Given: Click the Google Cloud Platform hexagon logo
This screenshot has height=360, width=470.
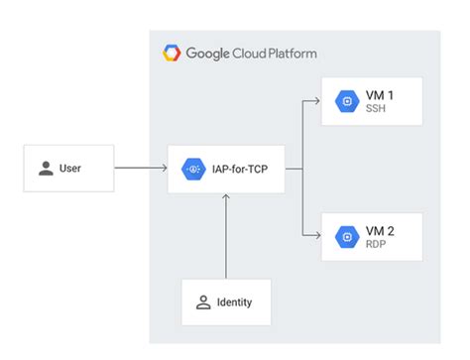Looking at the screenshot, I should point(171,53).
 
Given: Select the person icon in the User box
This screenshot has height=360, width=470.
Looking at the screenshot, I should point(46,169).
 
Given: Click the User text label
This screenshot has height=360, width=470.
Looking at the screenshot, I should point(70,169).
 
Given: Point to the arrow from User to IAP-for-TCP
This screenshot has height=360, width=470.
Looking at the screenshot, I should point(139,169).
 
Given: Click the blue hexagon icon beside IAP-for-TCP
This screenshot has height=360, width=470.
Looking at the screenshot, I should point(193,169).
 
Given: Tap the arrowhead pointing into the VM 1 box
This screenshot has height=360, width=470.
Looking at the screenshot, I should point(314,101).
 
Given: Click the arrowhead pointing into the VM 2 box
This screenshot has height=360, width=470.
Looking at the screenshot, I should point(314,235).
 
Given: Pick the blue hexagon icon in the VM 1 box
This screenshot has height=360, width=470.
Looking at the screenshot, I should point(347,101).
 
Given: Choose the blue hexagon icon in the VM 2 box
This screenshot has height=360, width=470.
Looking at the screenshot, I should point(347,236).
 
